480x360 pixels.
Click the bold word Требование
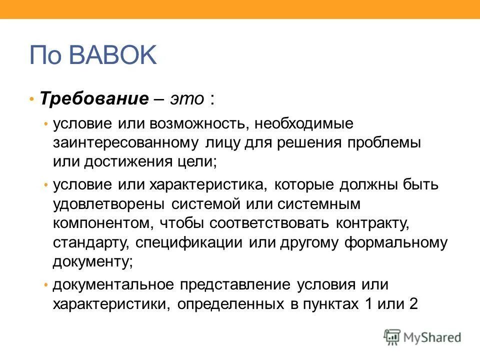pyautogui.click(x=94, y=97)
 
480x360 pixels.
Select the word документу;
pyautogui.click(x=93, y=261)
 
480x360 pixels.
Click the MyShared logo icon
pyautogui.click(x=392, y=337)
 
